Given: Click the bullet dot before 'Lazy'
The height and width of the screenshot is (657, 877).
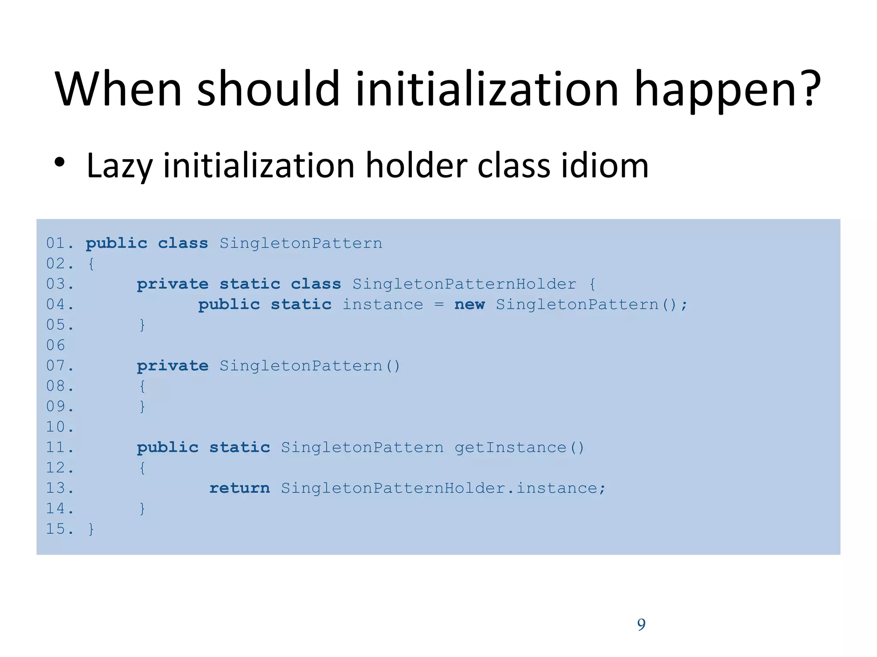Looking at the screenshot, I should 60,163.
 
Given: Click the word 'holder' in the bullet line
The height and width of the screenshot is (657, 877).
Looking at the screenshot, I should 416,166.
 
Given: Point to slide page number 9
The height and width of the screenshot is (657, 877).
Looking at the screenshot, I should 641,624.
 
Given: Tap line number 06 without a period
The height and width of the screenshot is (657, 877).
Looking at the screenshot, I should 56,345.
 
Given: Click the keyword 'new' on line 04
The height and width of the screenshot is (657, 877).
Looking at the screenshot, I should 469,305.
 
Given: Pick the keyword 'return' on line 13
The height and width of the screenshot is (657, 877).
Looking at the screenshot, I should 239,488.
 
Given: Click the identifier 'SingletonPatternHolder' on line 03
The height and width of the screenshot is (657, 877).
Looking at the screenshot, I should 464,284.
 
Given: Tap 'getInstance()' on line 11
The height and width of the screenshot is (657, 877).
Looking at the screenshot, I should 519,447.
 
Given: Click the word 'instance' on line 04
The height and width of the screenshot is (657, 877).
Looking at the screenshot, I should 382,305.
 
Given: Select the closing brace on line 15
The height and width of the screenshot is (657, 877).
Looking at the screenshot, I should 91,529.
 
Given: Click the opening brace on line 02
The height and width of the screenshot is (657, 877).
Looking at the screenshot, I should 91,264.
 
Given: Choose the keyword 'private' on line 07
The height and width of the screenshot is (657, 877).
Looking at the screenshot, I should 173,366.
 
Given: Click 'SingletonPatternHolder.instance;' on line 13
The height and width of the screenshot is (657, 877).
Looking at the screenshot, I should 443,488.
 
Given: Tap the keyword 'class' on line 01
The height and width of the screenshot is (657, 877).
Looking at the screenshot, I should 183,243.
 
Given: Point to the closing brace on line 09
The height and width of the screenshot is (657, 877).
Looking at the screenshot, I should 142,406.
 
